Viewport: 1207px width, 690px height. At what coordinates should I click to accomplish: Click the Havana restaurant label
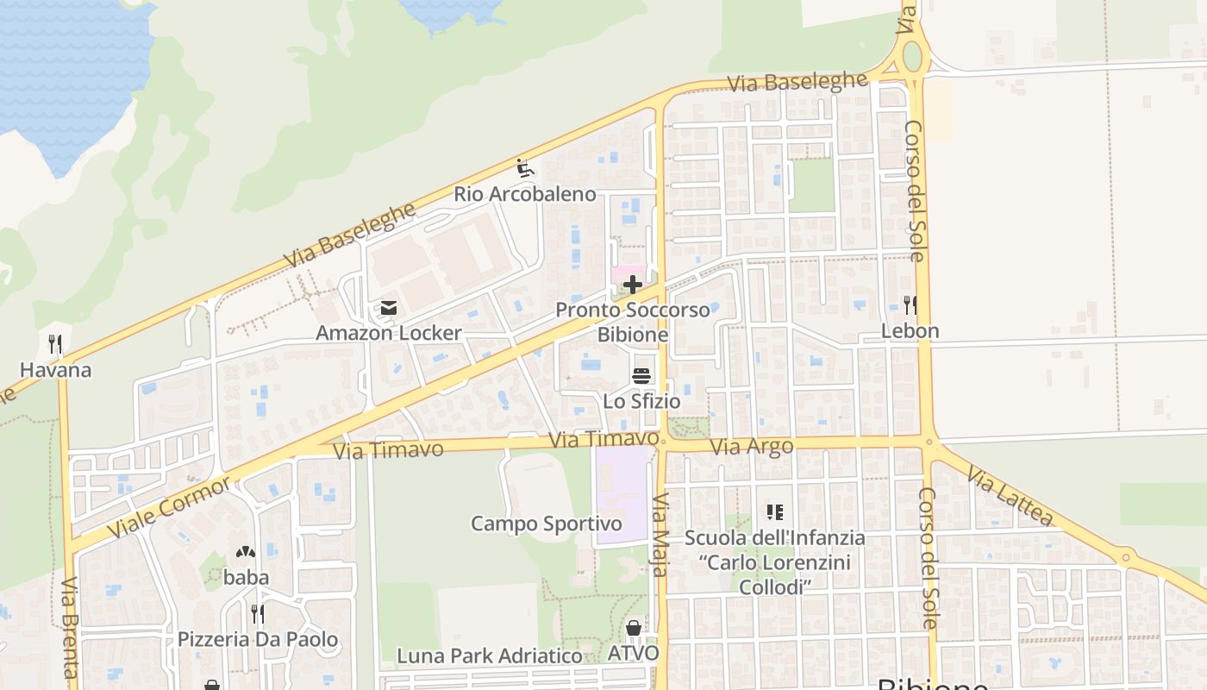[55, 370]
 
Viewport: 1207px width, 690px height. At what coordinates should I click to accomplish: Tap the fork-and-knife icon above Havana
[55, 345]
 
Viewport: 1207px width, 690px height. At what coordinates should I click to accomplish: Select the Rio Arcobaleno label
[525, 194]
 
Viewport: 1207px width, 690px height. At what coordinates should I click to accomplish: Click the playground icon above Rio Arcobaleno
[525, 167]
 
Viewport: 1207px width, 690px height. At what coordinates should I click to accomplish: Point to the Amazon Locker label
[389, 333]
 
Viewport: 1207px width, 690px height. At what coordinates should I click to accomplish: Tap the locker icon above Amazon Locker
[389, 308]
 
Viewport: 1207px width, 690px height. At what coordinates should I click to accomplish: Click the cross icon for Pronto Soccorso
[633, 285]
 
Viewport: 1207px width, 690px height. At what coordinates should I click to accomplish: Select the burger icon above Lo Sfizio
[641, 376]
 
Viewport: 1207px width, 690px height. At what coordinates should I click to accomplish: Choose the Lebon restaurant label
[910, 331]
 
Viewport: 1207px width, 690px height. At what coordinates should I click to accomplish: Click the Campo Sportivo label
[547, 524]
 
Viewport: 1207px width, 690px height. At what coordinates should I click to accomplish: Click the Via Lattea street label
[1010, 496]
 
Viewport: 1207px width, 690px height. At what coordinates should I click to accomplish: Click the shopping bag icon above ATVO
[634, 628]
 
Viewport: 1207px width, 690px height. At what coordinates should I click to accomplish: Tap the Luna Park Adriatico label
[489, 656]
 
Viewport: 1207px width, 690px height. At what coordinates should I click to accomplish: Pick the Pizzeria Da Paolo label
[258, 640]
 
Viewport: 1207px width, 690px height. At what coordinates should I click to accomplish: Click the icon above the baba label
[246, 552]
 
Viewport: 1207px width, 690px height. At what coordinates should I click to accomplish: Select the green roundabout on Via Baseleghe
[912, 58]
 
